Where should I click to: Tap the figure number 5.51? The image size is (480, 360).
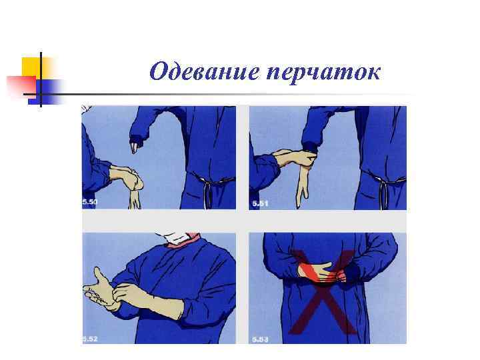click(259, 203)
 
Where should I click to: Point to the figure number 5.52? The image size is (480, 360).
click(89, 339)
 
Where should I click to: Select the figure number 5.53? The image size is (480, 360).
click(260, 339)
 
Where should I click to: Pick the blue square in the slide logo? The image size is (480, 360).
click(51, 88)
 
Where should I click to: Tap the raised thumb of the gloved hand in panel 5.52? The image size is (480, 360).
click(98, 274)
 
